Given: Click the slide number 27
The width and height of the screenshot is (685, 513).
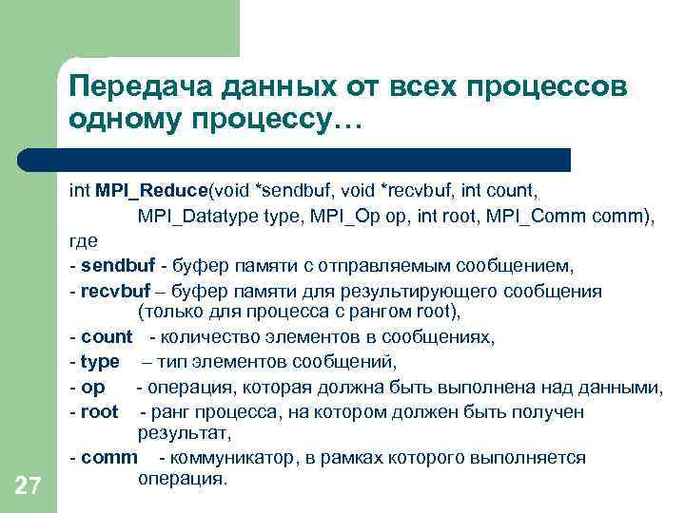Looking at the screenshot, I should tap(29, 487).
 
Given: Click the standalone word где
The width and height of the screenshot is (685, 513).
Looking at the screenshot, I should tap(84, 241).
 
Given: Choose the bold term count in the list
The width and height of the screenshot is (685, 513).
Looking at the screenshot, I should tap(108, 337).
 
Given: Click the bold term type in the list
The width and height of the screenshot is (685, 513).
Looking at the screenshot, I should tap(101, 362).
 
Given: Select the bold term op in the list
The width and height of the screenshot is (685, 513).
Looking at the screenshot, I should tap(93, 387).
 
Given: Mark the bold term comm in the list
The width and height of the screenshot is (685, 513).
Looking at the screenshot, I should tap(109, 458).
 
